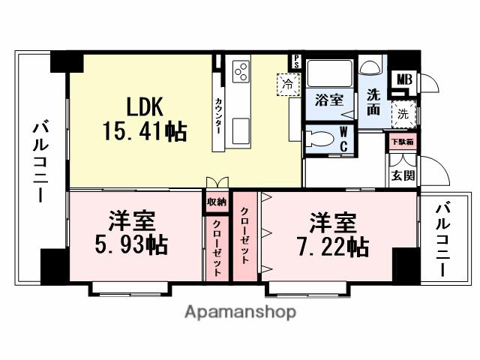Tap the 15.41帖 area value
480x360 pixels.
145,132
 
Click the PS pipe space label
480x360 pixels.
297,61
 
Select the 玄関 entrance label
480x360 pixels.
401,176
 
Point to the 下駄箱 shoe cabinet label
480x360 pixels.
400,140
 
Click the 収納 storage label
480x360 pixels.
217,201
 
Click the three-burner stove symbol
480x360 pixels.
241,72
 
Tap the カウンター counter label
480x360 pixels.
218,115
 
